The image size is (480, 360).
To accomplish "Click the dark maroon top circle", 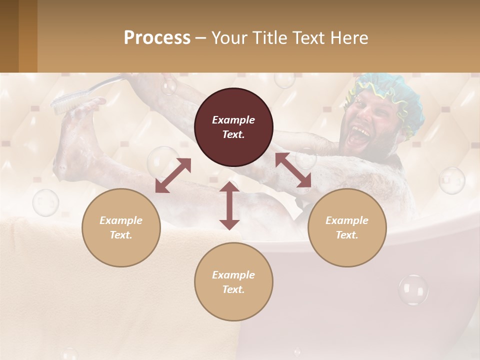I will [233, 127].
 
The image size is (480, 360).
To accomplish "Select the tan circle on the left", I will [121, 227].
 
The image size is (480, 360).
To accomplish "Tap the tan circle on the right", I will [347, 227].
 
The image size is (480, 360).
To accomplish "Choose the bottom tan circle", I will [233, 282].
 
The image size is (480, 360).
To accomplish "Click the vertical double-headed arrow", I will [229, 205].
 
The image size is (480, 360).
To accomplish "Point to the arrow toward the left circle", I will [173, 175].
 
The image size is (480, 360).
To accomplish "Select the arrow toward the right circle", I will [293, 170].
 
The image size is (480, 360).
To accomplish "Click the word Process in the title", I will [157, 37].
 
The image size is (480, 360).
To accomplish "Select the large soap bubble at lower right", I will [413, 290].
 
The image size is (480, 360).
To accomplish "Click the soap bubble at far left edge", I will [45, 202].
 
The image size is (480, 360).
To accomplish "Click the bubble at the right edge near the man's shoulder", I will [451, 180].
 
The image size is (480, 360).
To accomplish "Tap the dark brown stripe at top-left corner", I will [9, 36].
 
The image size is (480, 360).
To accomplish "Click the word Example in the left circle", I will [121, 220].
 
